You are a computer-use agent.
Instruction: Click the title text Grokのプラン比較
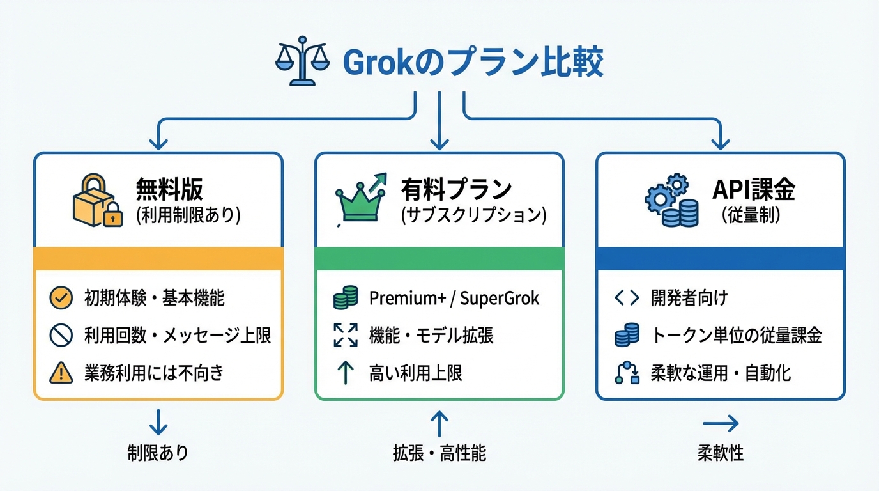pos(473,63)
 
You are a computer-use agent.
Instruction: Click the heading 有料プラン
pos(456,189)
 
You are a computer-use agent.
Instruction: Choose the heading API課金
pos(753,189)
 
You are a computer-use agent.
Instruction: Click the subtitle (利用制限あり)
pos(188,215)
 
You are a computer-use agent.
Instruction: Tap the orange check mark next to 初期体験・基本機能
pos(59,297)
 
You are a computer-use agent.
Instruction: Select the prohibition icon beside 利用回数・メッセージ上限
pos(59,335)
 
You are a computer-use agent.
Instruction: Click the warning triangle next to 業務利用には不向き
pos(59,373)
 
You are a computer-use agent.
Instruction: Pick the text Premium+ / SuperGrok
pos(454,298)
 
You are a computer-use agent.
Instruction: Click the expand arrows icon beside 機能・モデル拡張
pos(346,335)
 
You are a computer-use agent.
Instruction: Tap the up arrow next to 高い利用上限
pos(346,373)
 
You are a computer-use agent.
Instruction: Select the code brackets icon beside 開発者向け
pos(627,298)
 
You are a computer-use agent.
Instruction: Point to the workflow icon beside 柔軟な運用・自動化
pos(627,373)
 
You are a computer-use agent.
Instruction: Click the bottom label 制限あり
pos(158,453)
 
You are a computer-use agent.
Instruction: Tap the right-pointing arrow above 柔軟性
pos(721,423)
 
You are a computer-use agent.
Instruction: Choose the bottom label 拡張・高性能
pos(439,453)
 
